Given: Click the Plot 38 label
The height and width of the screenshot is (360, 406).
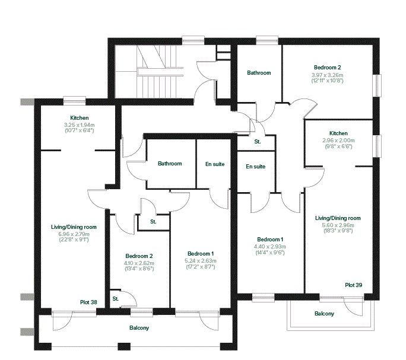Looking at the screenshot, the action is click(88, 302).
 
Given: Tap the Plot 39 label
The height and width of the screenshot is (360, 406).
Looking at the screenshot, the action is click(353, 285).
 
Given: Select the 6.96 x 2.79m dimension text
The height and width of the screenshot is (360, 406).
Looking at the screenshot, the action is click(74, 234).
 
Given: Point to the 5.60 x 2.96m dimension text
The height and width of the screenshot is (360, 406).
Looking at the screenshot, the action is click(338, 225).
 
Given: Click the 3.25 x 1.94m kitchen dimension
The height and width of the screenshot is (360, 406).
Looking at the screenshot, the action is click(79, 125).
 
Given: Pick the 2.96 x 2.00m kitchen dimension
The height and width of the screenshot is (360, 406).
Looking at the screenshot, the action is click(338, 141).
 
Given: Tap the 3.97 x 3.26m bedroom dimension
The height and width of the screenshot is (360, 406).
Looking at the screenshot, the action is click(327, 75).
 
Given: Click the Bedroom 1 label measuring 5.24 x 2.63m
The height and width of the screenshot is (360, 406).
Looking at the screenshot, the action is click(201, 254).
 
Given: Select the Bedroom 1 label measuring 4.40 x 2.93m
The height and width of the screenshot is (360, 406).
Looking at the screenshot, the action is click(270, 240).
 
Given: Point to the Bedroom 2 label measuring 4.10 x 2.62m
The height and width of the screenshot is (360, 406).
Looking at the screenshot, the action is click(139, 256).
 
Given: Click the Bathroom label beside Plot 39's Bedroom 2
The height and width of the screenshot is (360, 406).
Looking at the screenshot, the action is click(259, 73).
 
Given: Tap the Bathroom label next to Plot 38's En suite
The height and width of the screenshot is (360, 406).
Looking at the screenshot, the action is click(170, 164).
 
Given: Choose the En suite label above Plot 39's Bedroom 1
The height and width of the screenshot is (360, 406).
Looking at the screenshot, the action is click(256, 167).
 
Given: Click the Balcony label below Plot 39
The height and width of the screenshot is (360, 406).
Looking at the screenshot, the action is click(324, 314).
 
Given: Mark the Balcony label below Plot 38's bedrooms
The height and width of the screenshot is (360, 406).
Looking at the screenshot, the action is click(139, 328).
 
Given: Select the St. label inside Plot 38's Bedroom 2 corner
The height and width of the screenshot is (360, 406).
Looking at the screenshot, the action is click(116, 299).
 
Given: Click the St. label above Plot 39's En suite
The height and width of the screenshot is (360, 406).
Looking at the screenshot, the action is click(258, 142).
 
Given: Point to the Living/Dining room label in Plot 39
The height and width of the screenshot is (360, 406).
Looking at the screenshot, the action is click(338, 218).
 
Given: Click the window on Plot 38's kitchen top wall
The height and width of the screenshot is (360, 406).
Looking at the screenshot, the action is click(75, 100).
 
